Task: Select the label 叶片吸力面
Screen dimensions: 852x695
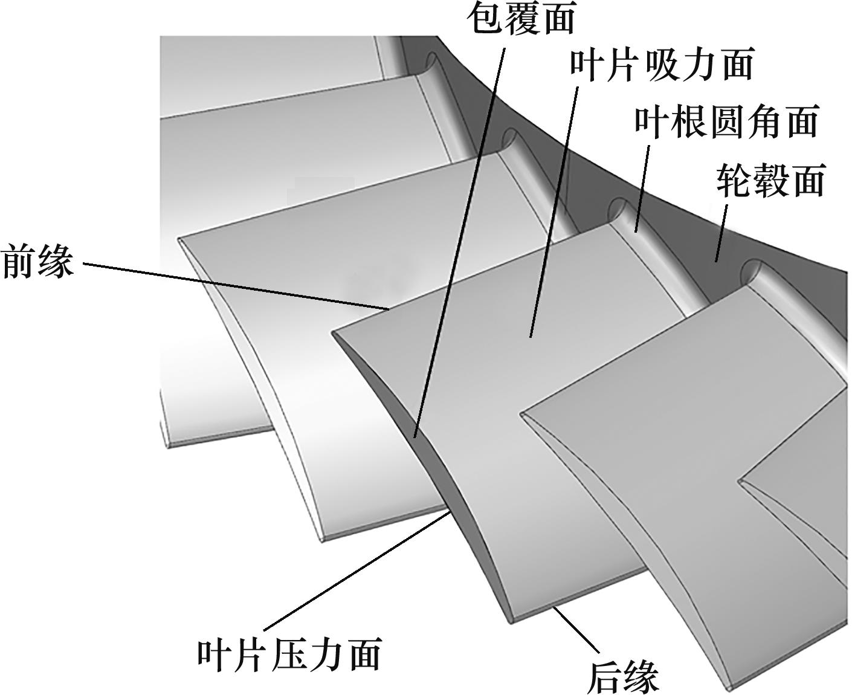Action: (x=662, y=65)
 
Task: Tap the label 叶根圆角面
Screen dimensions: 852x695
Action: (x=727, y=121)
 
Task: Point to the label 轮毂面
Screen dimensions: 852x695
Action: (x=770, y=180)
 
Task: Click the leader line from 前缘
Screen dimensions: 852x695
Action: (x=236, y=286)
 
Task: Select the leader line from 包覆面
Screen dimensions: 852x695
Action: (x=460, y=242)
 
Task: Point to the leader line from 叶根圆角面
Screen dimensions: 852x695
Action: (x=642, y=189)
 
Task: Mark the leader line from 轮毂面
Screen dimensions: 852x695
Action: (x=721, y=233)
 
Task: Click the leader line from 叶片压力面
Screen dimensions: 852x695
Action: (x=357, y=570)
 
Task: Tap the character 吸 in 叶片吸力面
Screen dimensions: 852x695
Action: (x=662, y=65)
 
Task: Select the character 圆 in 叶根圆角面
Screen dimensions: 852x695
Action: (x=727, y=121)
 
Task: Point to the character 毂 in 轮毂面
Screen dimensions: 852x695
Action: (x=770, y=180)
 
